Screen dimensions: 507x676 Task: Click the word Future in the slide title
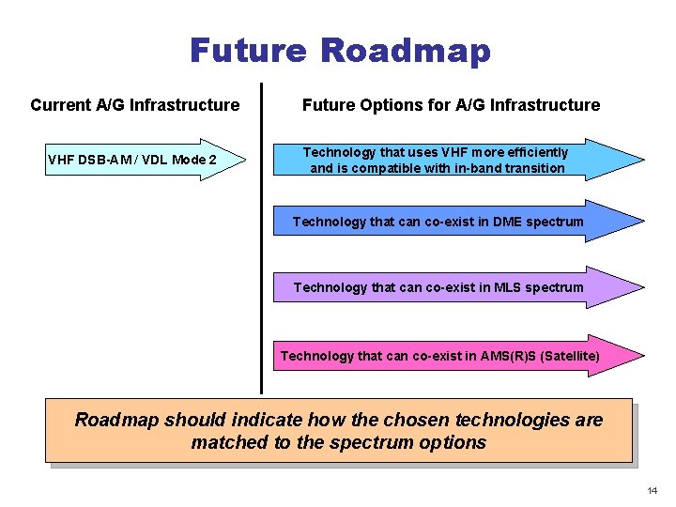(x=248, y=50)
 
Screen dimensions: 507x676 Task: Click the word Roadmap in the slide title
(x=405, y=50)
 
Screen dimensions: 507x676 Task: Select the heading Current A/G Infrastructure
(x=134, y=105)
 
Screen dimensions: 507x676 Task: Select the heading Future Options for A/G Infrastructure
(x=451, y=105)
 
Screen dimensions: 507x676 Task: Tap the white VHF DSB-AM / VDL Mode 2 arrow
(x=141, y=160)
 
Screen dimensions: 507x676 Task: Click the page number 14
(x=652, y=490)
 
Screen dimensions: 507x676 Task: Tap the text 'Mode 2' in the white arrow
(x=194, y=160)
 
